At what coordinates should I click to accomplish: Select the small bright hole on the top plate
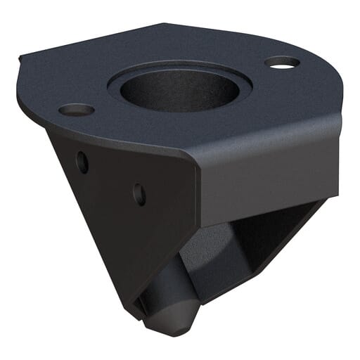click(x=282, y=63)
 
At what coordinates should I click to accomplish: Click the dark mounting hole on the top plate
click(x=76, y=110)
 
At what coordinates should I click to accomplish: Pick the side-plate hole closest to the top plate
click(x=82, y=162)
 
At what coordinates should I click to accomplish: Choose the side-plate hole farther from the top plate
click(x=139, y=193)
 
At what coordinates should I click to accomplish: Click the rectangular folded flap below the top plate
click(x=267, y=176)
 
